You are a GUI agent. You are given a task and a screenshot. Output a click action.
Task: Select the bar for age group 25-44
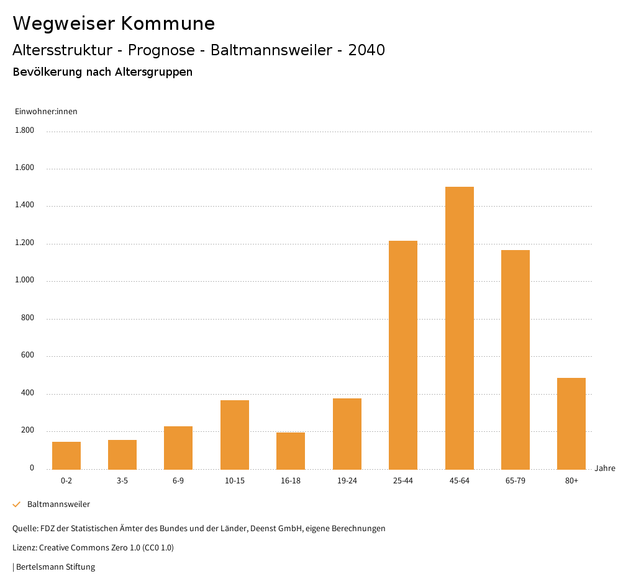403,355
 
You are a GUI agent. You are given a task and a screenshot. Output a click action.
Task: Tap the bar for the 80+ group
571,423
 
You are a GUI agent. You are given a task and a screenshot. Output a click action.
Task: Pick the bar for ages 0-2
66,455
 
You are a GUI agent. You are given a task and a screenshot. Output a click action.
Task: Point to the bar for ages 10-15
235,434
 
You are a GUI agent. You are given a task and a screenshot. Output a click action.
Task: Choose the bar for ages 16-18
291,450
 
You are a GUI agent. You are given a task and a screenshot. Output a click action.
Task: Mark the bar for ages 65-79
516,359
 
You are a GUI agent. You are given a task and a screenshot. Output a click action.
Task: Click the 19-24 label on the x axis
347,481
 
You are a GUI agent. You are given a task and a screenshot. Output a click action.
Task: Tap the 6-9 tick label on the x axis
178,481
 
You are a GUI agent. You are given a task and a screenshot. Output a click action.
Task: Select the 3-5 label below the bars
122,481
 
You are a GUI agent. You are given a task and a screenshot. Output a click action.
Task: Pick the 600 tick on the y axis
27,356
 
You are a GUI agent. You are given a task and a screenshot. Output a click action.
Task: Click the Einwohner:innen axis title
46,112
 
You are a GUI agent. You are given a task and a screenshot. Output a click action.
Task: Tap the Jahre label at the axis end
605,468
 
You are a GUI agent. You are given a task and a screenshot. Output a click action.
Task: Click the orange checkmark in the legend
17,504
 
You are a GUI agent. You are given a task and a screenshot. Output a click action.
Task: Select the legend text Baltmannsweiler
58,504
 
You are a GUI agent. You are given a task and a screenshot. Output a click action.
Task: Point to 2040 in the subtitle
366,50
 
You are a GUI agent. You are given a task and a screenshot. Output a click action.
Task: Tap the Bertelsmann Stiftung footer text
55,567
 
